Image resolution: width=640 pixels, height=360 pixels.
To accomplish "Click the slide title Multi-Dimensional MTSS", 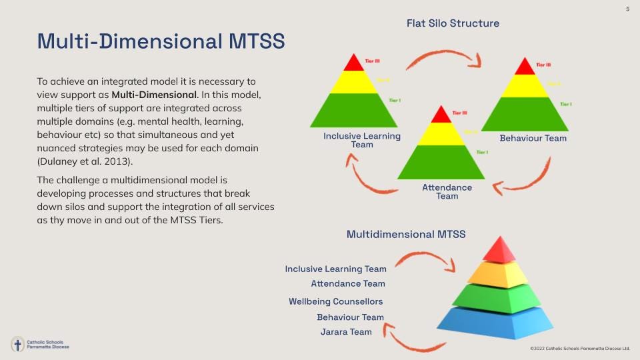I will pos(161,41).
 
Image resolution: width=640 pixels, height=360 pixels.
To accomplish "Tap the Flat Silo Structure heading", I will pos(453,23).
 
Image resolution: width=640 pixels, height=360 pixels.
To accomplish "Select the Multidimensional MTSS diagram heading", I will pos(406,234).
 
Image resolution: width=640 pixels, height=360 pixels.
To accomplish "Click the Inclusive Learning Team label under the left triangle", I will pos(362,140).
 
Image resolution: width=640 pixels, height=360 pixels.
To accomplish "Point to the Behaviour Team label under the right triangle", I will pos(533,138).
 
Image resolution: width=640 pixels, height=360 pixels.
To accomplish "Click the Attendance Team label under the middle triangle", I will pos(447,191).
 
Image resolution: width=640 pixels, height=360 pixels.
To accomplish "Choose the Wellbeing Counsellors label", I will pos(335,301).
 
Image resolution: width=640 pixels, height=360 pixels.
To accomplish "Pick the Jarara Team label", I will pos(346,331).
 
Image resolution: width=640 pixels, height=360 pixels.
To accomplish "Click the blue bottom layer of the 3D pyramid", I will pos(495,321).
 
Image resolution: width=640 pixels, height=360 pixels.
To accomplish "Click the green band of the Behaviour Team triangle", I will pos(525,114).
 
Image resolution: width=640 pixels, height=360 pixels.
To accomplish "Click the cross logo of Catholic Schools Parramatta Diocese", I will pos(18,345).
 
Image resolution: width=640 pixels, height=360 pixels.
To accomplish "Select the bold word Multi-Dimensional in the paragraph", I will pos(159,94).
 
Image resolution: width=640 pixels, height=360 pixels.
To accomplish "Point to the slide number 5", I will pos(627,9).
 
